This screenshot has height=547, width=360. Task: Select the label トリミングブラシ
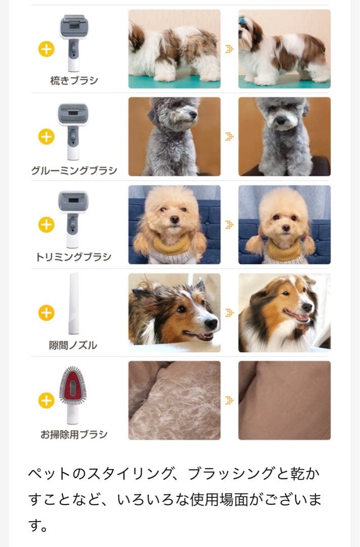click(x=73, y=257)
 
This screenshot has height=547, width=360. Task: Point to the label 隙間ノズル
click(x=73, y=345)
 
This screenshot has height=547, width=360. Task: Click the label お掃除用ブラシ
click(x=73, y=434)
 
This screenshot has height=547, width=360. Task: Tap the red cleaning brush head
click(x=73, y=387)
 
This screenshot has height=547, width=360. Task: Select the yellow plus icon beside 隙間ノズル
click(x=46, y=312)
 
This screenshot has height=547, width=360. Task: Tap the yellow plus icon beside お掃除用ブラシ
click(x=46, y=401)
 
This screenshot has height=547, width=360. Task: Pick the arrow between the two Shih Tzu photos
click(x=229, y=49)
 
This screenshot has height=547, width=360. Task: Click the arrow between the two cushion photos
click(x=229, y=401)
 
